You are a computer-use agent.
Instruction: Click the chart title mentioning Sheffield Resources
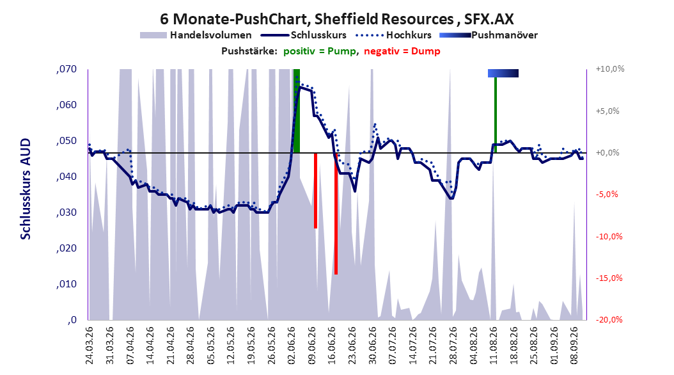pyautogui.click(x=336, y=19)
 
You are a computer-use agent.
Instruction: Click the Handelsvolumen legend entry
pyautogui.click(x=196, y=35)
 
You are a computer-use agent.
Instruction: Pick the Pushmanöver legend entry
pyautogui.click(x=489, y=35)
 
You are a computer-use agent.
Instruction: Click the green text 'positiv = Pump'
pyautogui.click(x=319, y=51)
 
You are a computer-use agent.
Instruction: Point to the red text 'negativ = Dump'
pyautogui.click(x=402, y=51)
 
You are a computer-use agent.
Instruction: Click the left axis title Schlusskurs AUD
pyautogui.click(x=26, y=189)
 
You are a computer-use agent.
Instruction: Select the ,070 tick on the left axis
pyautogui.click(x=67, y=69)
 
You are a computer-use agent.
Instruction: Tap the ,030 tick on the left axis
pyautogui.click(x=67, y=212)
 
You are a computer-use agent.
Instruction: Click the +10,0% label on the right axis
pyautogui.click(x=610, y=69)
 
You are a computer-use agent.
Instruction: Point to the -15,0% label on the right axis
pyautogui.click(x=609, y=278)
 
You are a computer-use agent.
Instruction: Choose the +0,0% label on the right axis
pyautogui.click(x=607, y=153)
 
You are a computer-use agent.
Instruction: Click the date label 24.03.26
pyautogui.click(x=90, y=346)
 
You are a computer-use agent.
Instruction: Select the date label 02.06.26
pyautogui.click(x=292, y=346)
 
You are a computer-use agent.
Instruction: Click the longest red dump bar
pyautogui.click(x=336, y=214)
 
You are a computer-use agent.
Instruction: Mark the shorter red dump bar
pyautogui.click(x=315, y=191)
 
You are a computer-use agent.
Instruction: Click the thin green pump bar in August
pyautogui.click(x=496, y=115)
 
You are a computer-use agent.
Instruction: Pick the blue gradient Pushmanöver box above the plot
pyautogui.click(x=503, y=73)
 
